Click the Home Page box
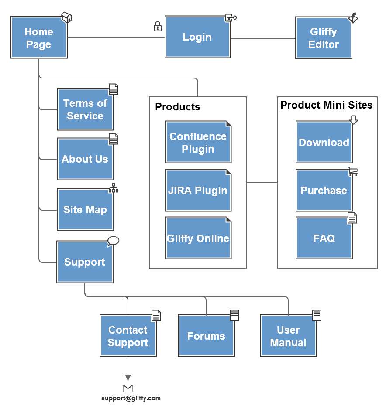pyautogui.click(x=39, y=38)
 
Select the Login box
pyautogui.click(x=197, y=37)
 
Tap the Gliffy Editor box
pyautogui.click(x=324, y=38)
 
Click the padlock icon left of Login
pyautogui.click(x=158, y=27)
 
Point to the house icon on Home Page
pyautogui.click(x=66, y=17)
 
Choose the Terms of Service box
pyautogui.click(x=85, y=109)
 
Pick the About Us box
pyautogui.click(x=85, y=159)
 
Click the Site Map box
pyautogui.click(x=85, y=210)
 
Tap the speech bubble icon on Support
pyautogui.click(x=113, y=241)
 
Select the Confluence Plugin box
pyautogui.click(x=198, y=142)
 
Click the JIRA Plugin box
pyautogui.click(x=198, y=191)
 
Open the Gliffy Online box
pyautogui.click(x=198, y=238)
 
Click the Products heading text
pyautogui.click(x=178, y=107)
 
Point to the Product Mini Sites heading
pyautogui.click(x=327, y=105)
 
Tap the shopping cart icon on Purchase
pyautogui.click(x=353, y=171)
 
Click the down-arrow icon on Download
pyautogui.click(x=354, y=120)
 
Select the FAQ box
pyautogui.click(x=324, y=238)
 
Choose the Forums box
pyautogui.click(x=206, y=336)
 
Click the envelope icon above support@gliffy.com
pyautogui.click(x=128, y=388)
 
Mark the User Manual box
pyautogui.click(x=288, y=336)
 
